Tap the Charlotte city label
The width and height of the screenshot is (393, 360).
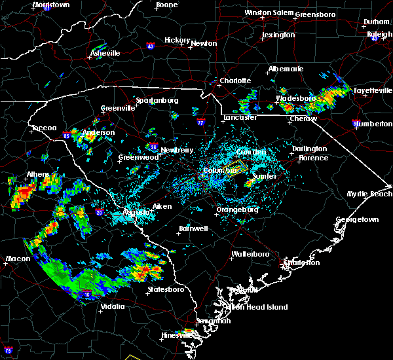click(235, 81)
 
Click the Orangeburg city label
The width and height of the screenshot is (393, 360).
click(238, 210)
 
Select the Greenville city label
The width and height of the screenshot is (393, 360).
click(118, 109)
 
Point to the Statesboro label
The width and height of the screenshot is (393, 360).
click(165, 289)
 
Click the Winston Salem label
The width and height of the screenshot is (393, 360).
click(269, 12)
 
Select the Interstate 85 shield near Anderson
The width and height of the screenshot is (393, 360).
click(67, 134)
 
